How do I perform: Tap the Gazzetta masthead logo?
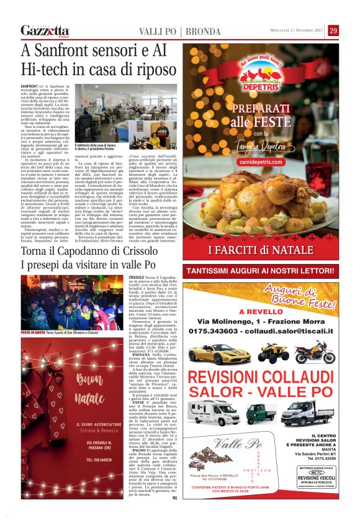[45, 30]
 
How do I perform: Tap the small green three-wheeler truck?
[261, 413]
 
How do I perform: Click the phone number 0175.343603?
[219, 331]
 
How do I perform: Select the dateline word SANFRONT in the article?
[29, 85]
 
